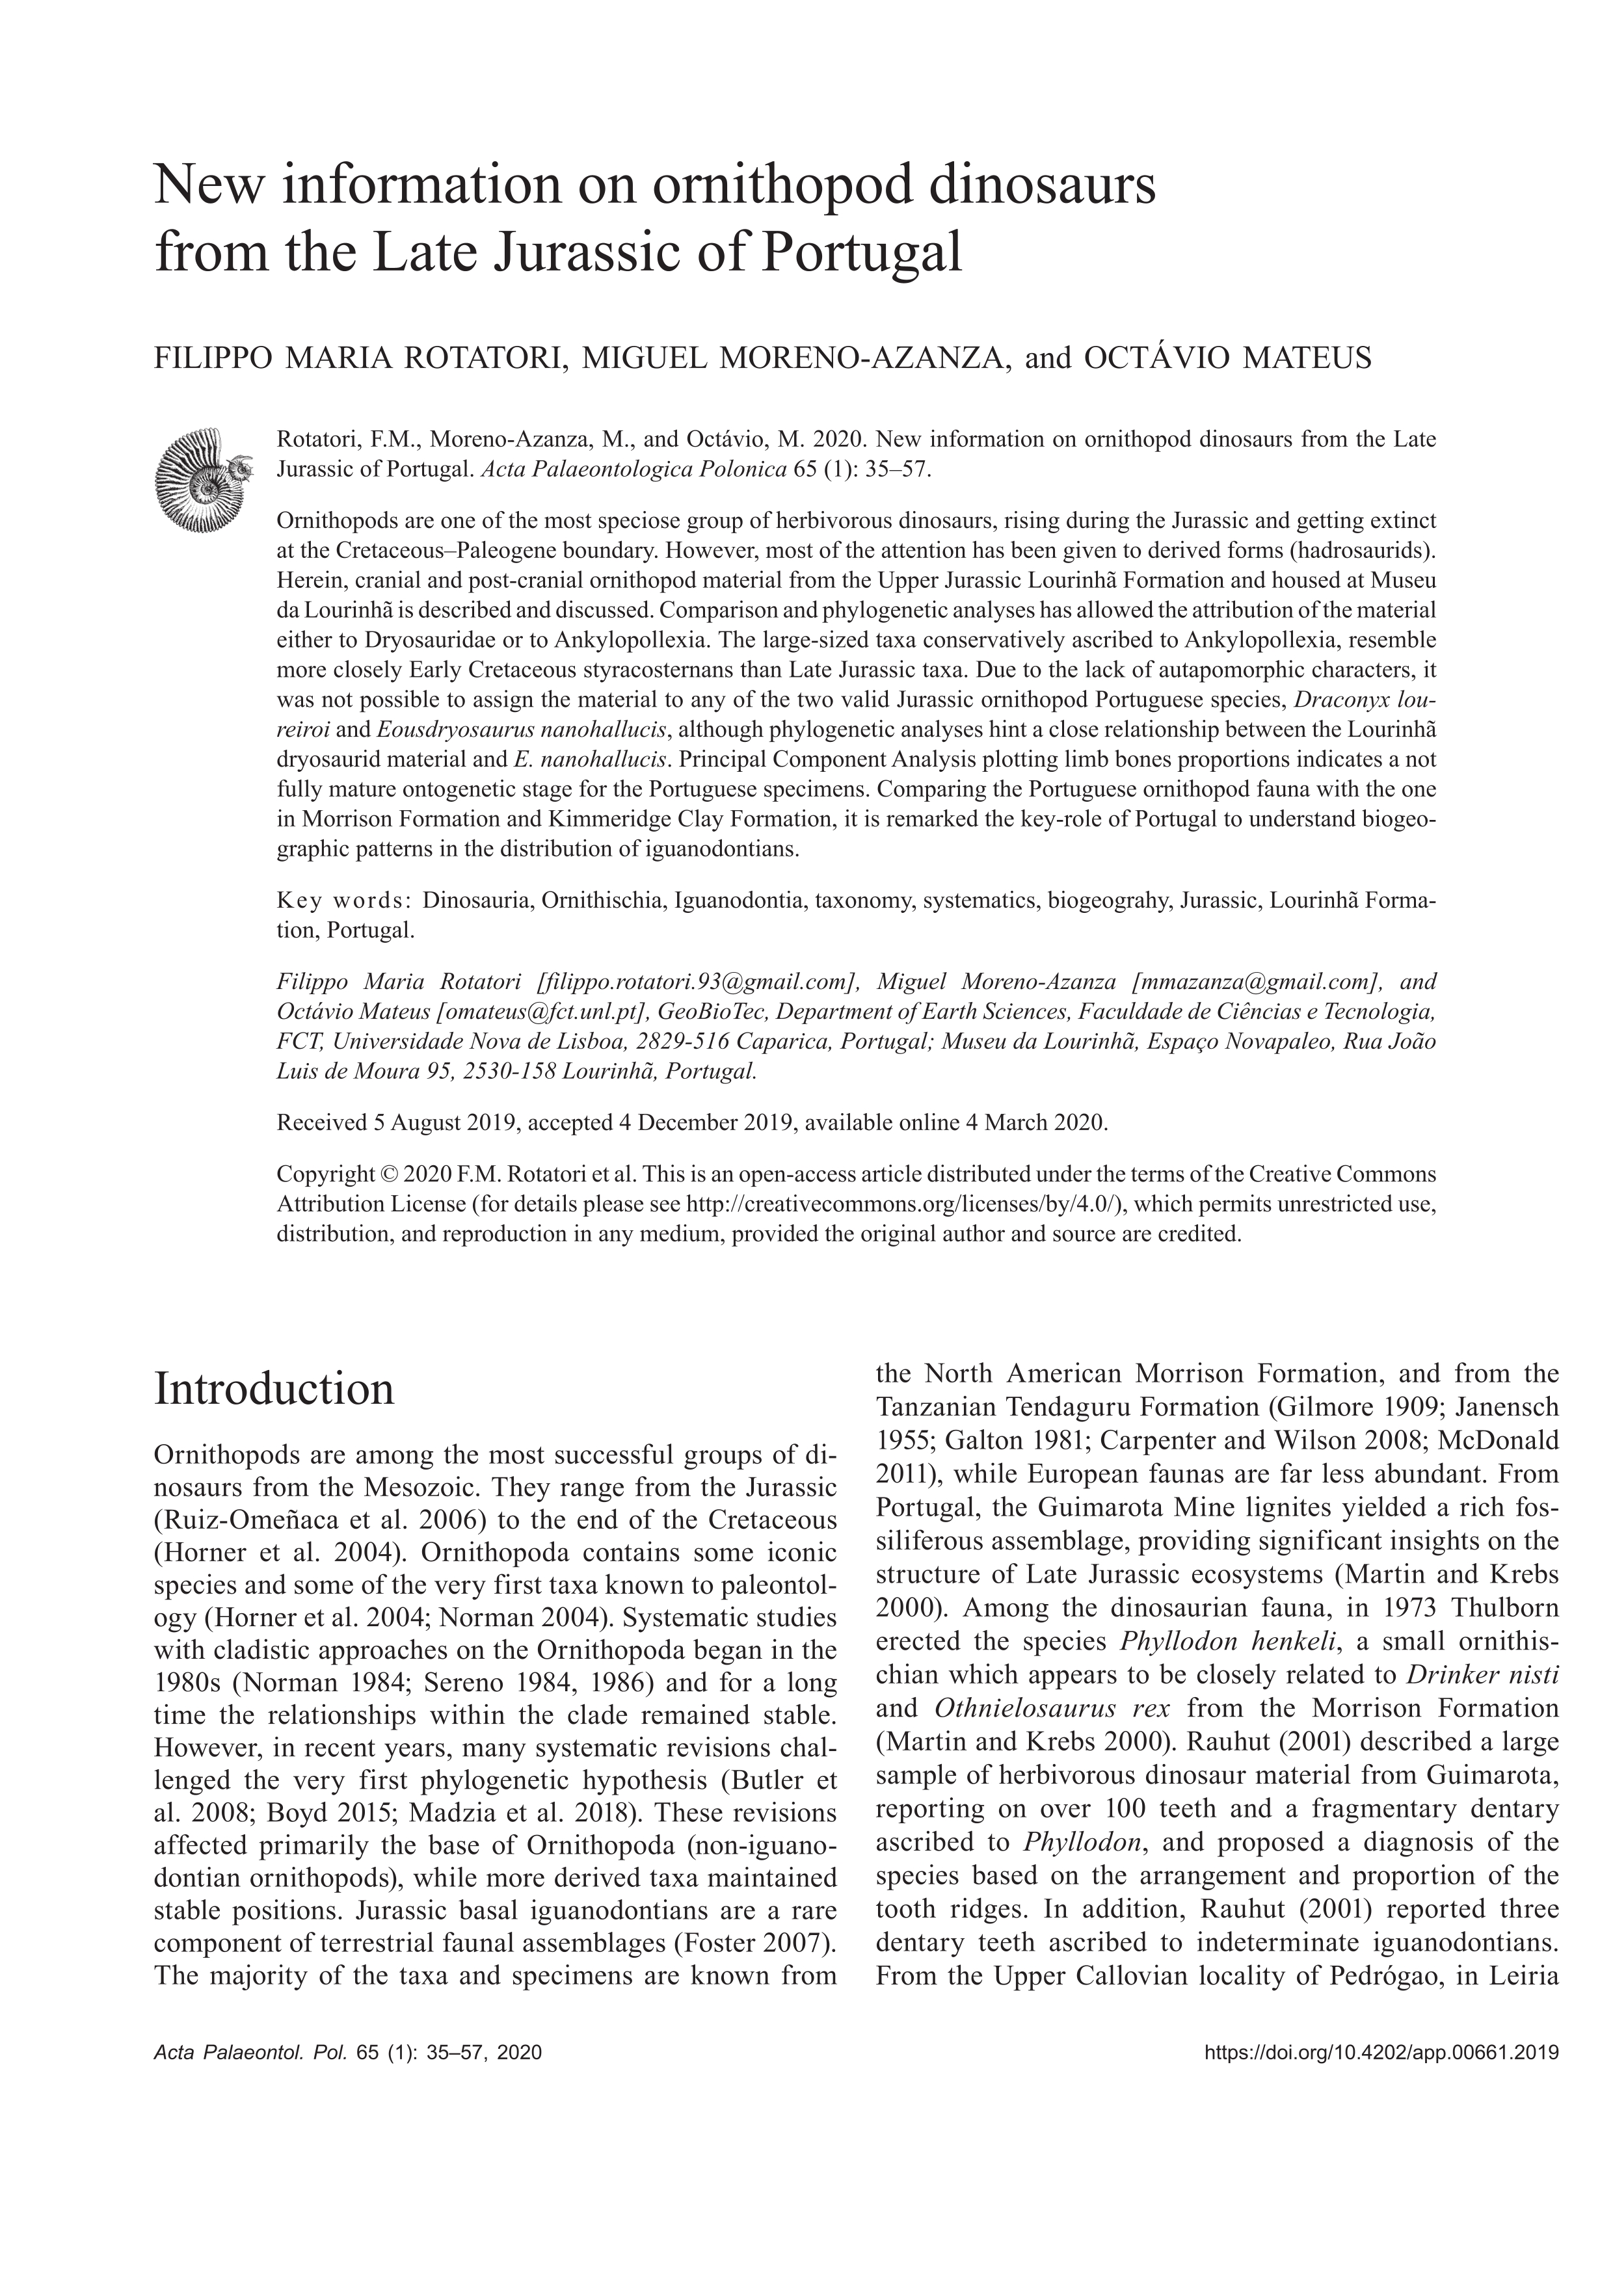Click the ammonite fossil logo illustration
coord(199,478)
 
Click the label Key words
coord(343,901)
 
